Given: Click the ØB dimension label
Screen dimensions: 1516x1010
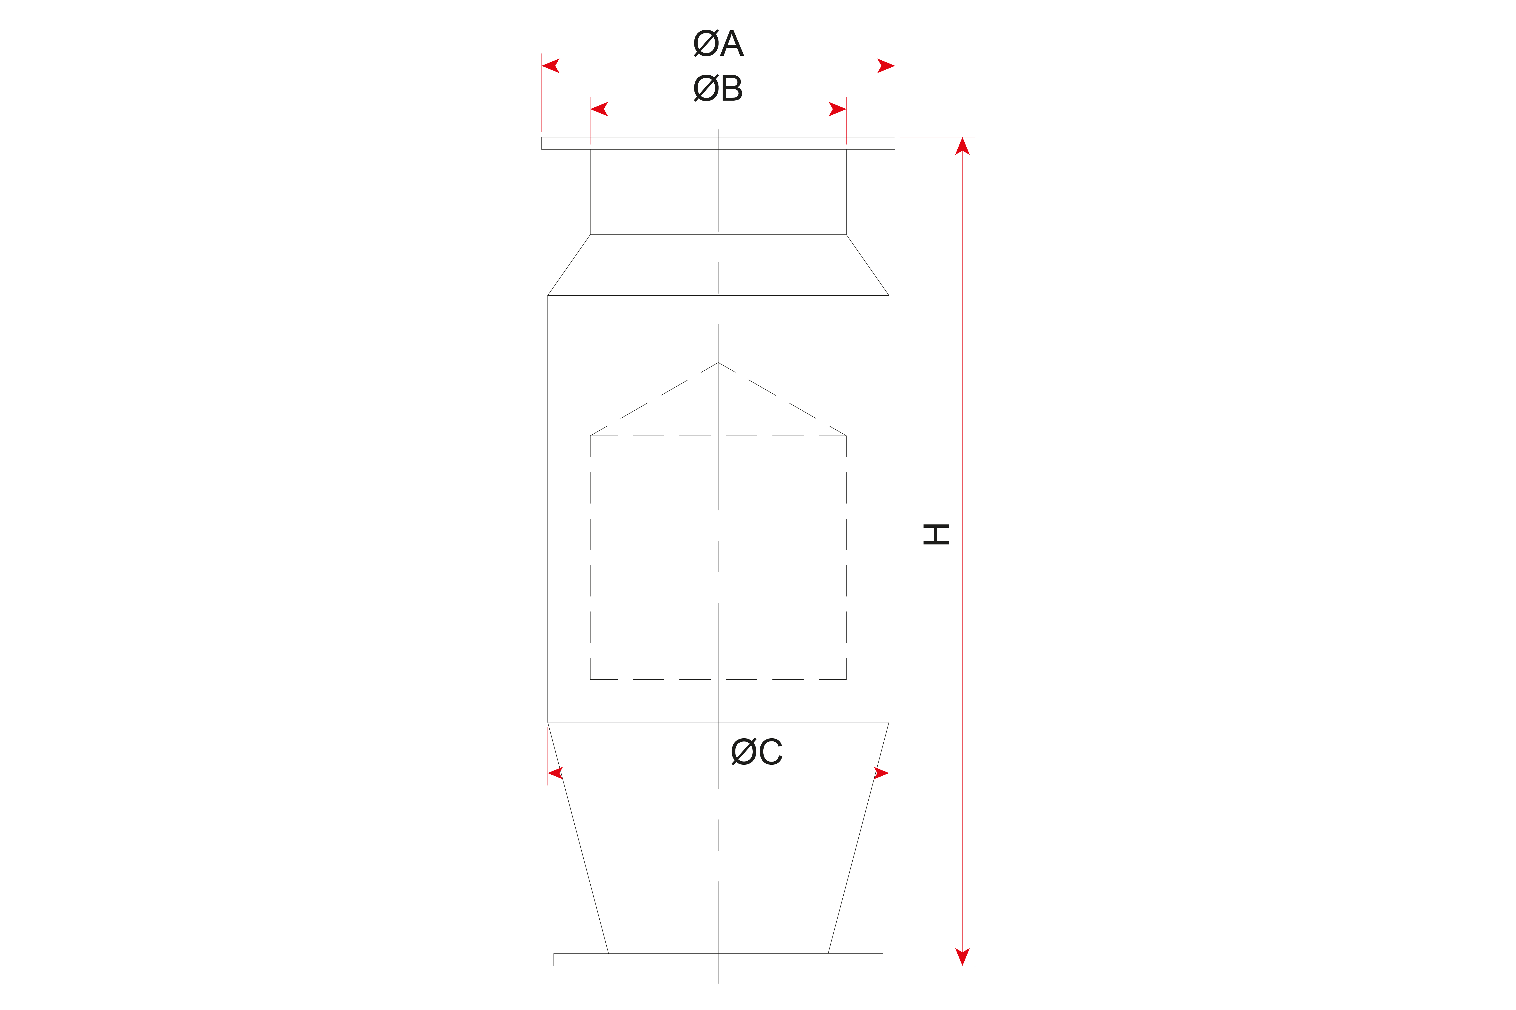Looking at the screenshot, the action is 718,87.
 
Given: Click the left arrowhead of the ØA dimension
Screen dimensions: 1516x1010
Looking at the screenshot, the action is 550,66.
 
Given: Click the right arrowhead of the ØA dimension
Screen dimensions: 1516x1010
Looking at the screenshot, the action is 886,66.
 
